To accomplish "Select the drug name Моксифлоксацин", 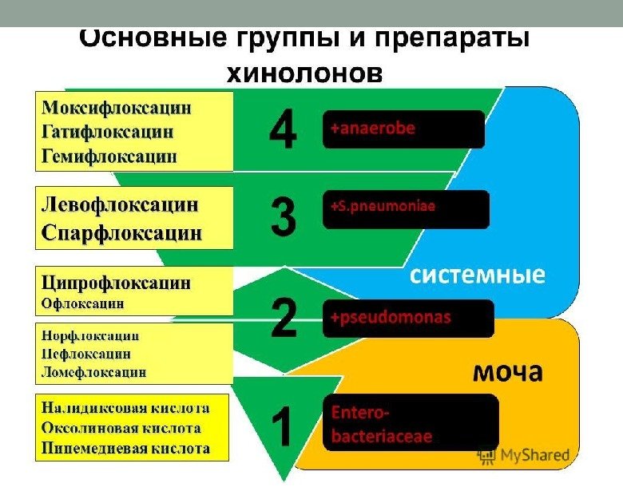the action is pyautogui.click(x=117, y=107).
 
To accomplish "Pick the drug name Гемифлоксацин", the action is pyautogui.click(x=109, y=155).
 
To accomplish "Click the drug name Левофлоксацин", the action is pyautogui.click(x=120, y=204).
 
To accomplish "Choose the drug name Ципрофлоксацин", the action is pyautogui.click(x=117, y=283).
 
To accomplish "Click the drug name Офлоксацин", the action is pyautogui.click(x=83, y=303).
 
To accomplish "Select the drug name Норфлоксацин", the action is pyautogui.click(x=90, y=335).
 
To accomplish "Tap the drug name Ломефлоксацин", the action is pyautogui.click(x=94, y=371).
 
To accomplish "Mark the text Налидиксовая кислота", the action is pyautogui.click(x=125, y=408).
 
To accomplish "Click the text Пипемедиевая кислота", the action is pyautogui.click(x=125, y=448).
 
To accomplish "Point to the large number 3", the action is pyautogui.click(x=283, y=216).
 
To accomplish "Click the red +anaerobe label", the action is pyautogui.click(x=373, y=128).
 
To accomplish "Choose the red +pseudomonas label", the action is pyautogui.click(x=391, y=317).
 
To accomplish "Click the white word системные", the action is pyautogui.click(x=478, y=275).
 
